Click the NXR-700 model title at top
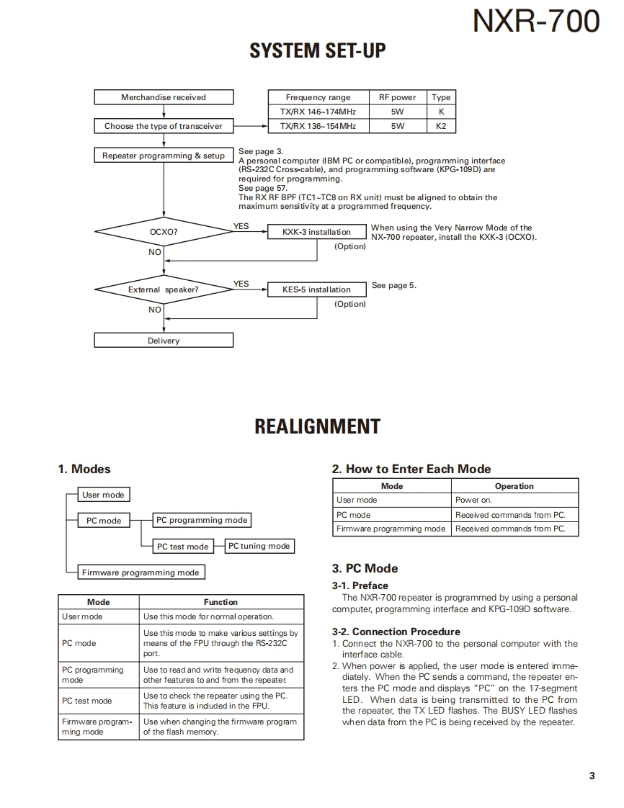(535, 21)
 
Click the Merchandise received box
(164, 97)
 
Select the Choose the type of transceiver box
(164, 126)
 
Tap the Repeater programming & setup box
(164, 156)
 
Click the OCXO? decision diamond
(164, 232)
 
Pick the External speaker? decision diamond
(164, 289)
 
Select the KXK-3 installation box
(317, 232)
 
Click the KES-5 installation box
(317, 289)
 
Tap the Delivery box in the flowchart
(164, 341)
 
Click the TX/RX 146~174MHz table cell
(318, 112)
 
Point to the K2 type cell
(441, 126)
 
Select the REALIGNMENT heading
(317, 426)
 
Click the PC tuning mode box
(259, 546)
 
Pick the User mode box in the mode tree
(103, 495)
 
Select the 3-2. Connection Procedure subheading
(396, 632)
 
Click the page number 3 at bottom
(592, 776)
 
